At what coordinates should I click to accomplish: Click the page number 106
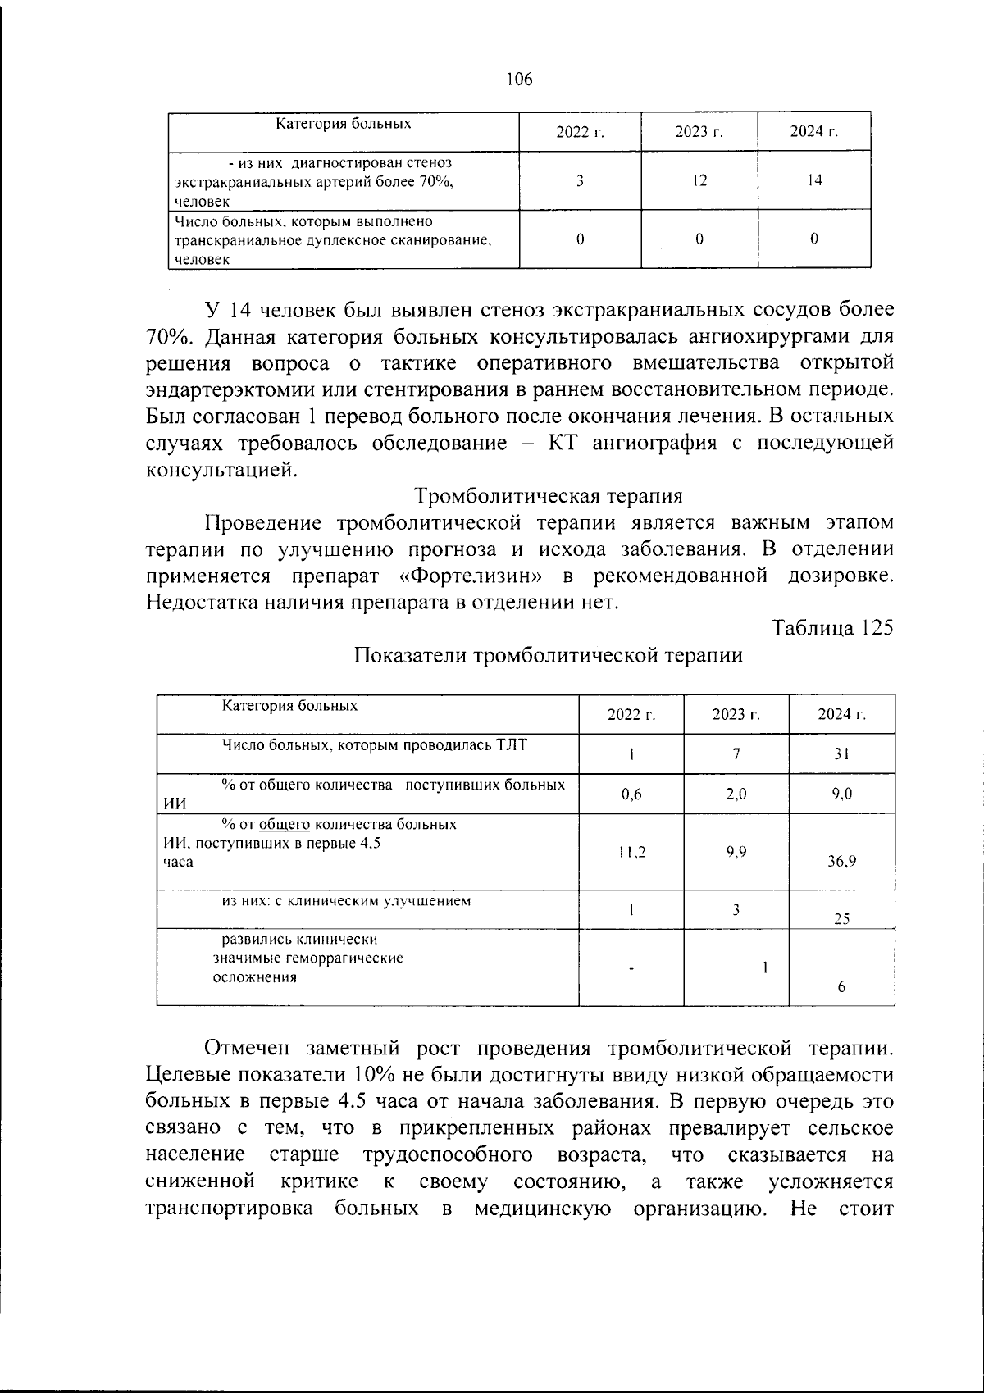[519, 80]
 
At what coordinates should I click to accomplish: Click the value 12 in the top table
[699, 180]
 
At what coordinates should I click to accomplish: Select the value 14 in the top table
[813, 180]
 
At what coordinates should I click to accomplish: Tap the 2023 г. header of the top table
[699, 132]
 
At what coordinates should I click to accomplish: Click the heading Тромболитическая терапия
[549, 496]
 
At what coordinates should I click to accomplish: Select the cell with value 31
[841, 754]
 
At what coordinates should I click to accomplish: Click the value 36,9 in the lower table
[841, 862]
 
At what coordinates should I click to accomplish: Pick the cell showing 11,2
[631, 853]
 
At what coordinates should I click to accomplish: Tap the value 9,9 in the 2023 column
[736, 852]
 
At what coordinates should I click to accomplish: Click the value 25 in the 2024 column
[841, 919]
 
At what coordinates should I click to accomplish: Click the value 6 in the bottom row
[841, 988]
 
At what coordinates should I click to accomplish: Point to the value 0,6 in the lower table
[631, 794]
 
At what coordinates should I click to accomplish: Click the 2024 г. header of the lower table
[841, 715]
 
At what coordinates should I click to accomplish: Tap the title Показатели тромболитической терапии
[549, 656]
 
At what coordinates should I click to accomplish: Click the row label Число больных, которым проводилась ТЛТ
[375, 745]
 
